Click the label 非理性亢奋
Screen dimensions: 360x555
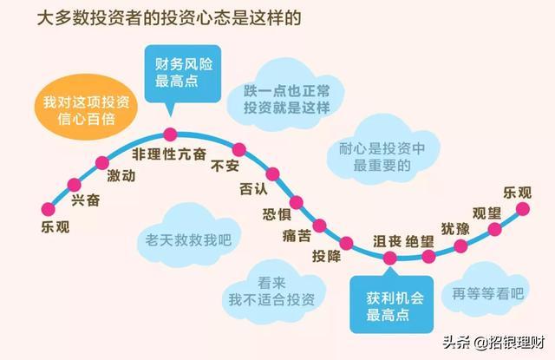point(170,154)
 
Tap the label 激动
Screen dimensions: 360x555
point(121,176)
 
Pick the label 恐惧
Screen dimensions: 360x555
point(276,215)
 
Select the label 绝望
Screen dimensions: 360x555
point(421,240)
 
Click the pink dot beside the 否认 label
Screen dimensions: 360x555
point(272,173)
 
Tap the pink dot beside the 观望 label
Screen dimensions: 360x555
point(495,229)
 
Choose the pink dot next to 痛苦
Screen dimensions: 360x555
point(319,226)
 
